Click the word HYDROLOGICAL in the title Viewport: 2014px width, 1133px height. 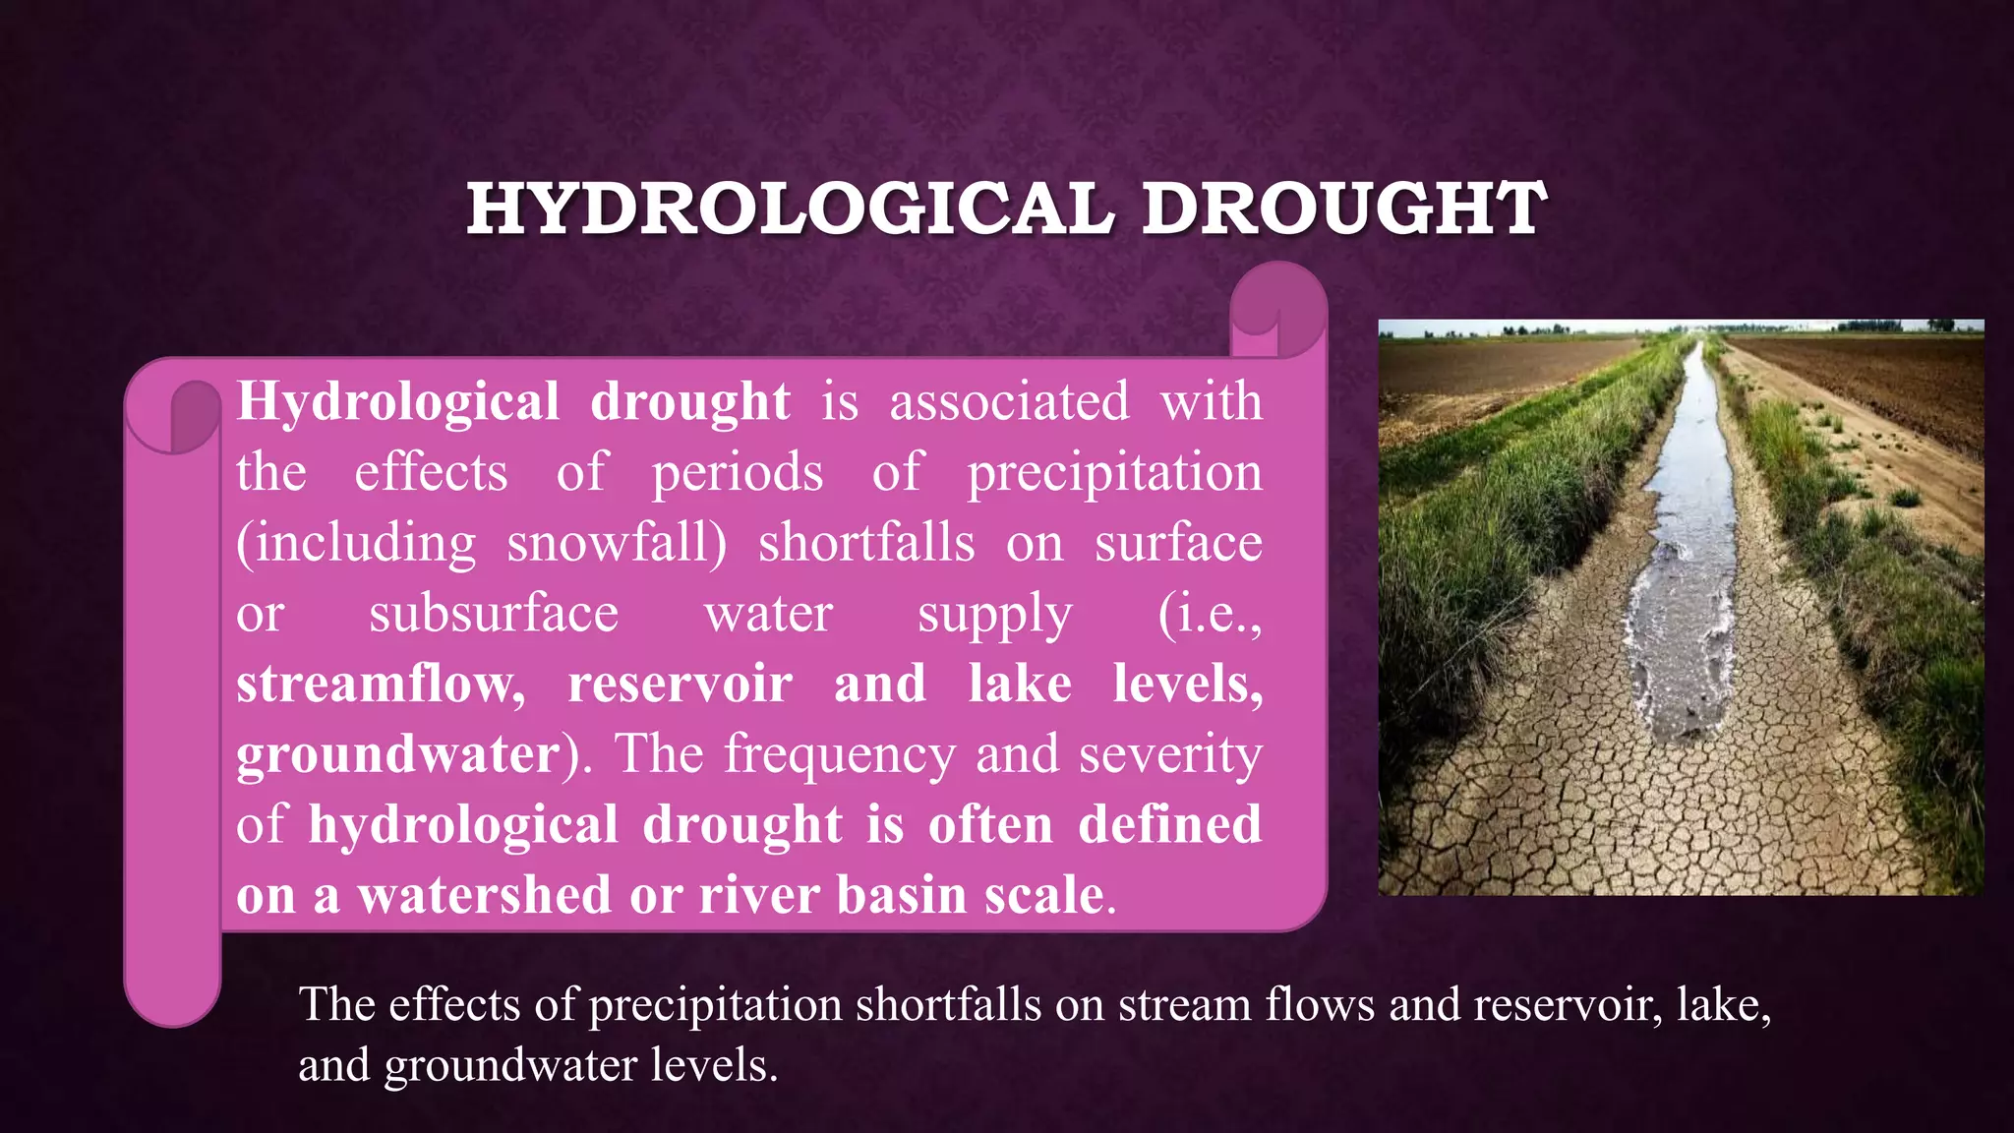791,209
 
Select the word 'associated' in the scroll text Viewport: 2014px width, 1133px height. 1009,401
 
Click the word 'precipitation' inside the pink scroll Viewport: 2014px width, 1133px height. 1115,473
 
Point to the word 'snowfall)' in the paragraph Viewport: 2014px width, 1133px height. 617,543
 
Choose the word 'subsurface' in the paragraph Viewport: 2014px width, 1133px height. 494,614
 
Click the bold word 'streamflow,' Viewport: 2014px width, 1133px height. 382,684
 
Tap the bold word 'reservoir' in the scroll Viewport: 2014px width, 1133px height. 680,684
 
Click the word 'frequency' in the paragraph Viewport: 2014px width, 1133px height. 840,755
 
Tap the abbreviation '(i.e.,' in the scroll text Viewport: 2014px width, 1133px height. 1210,614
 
